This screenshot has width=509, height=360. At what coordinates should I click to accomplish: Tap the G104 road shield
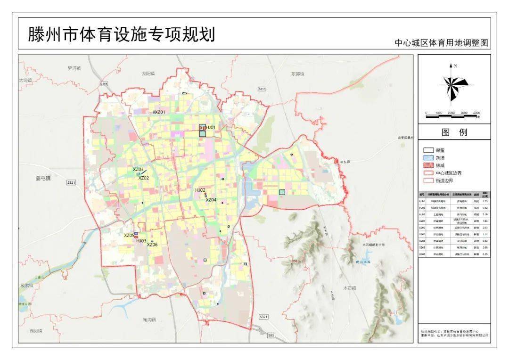[104, 83]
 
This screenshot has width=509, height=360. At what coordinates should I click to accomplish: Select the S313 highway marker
[262, 89]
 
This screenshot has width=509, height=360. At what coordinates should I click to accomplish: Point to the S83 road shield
[270, 335]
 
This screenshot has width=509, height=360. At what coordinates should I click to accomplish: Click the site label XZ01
[160, 112]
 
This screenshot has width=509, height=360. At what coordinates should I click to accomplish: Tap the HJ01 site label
[211, 127]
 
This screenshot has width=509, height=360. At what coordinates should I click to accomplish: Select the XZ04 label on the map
[211, 200]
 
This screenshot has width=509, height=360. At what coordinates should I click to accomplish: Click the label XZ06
[152, 245]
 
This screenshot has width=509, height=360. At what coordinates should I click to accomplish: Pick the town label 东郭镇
[297, 74]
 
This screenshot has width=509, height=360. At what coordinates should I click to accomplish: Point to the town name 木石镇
[350, 287]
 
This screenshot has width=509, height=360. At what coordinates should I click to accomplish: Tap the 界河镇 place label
[74, 68]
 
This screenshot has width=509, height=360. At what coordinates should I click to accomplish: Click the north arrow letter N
[456, 66]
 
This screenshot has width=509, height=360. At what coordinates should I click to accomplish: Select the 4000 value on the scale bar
[476, 113]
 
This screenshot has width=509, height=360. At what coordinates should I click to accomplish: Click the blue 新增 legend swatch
[428, 158]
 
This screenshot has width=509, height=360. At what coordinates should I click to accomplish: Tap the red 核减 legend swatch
[428, 165]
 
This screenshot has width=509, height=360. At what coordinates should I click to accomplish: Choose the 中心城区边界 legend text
[449, 173]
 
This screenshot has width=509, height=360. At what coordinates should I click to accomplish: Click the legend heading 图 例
[454, 132]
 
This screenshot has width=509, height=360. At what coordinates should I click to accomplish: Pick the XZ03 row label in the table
[422, 234]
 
